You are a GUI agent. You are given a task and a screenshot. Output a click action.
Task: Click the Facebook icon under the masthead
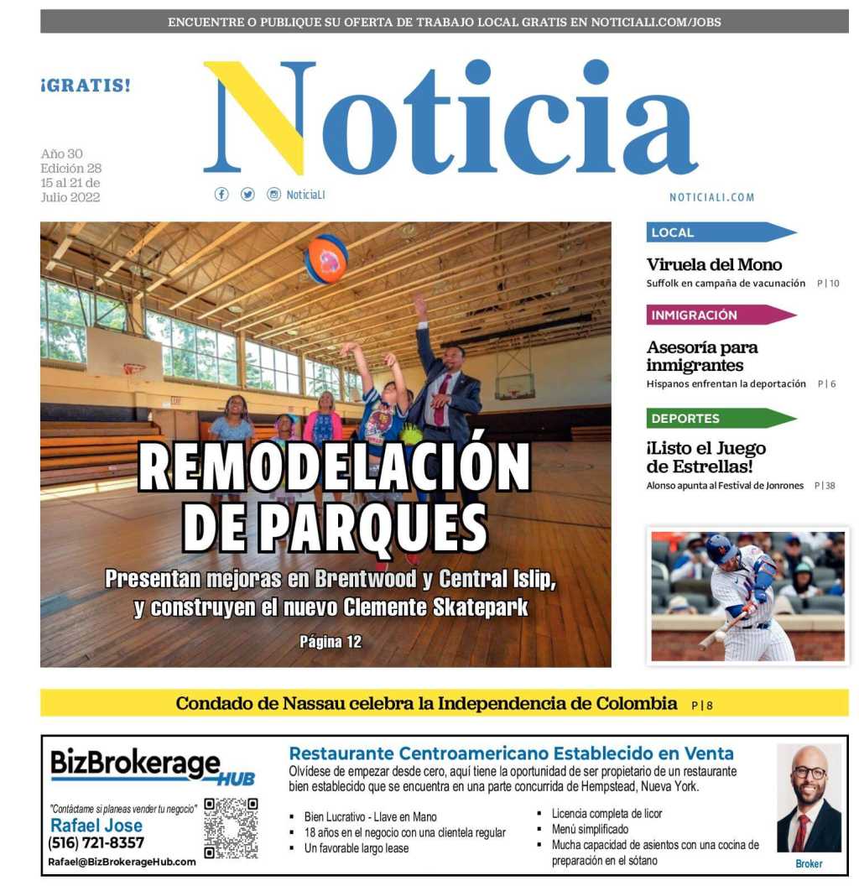coord(221,195)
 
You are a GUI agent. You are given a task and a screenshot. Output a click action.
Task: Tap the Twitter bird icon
coord(247,195)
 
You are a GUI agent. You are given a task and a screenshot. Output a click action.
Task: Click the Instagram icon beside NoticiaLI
coord(273,195)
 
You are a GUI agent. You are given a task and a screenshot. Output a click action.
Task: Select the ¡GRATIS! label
coord(86,86)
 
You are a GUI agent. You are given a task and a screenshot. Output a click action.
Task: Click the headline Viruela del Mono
coord(714,265)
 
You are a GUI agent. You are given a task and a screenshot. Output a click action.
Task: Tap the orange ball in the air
coord(326,258)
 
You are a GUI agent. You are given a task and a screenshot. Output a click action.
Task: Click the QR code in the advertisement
coord(231,828)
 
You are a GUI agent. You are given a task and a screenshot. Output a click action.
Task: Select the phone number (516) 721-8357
coord(96,843)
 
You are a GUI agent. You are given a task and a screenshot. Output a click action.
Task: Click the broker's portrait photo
coord(809,799)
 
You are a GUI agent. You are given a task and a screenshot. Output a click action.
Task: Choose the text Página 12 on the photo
coord(331,642)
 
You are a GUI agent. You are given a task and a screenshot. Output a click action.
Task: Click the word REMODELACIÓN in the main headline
coord(335,466)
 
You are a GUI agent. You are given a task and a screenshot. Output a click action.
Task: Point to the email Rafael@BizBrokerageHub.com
coord(122,862)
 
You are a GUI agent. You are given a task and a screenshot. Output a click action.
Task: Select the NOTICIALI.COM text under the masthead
coord(711,197)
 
